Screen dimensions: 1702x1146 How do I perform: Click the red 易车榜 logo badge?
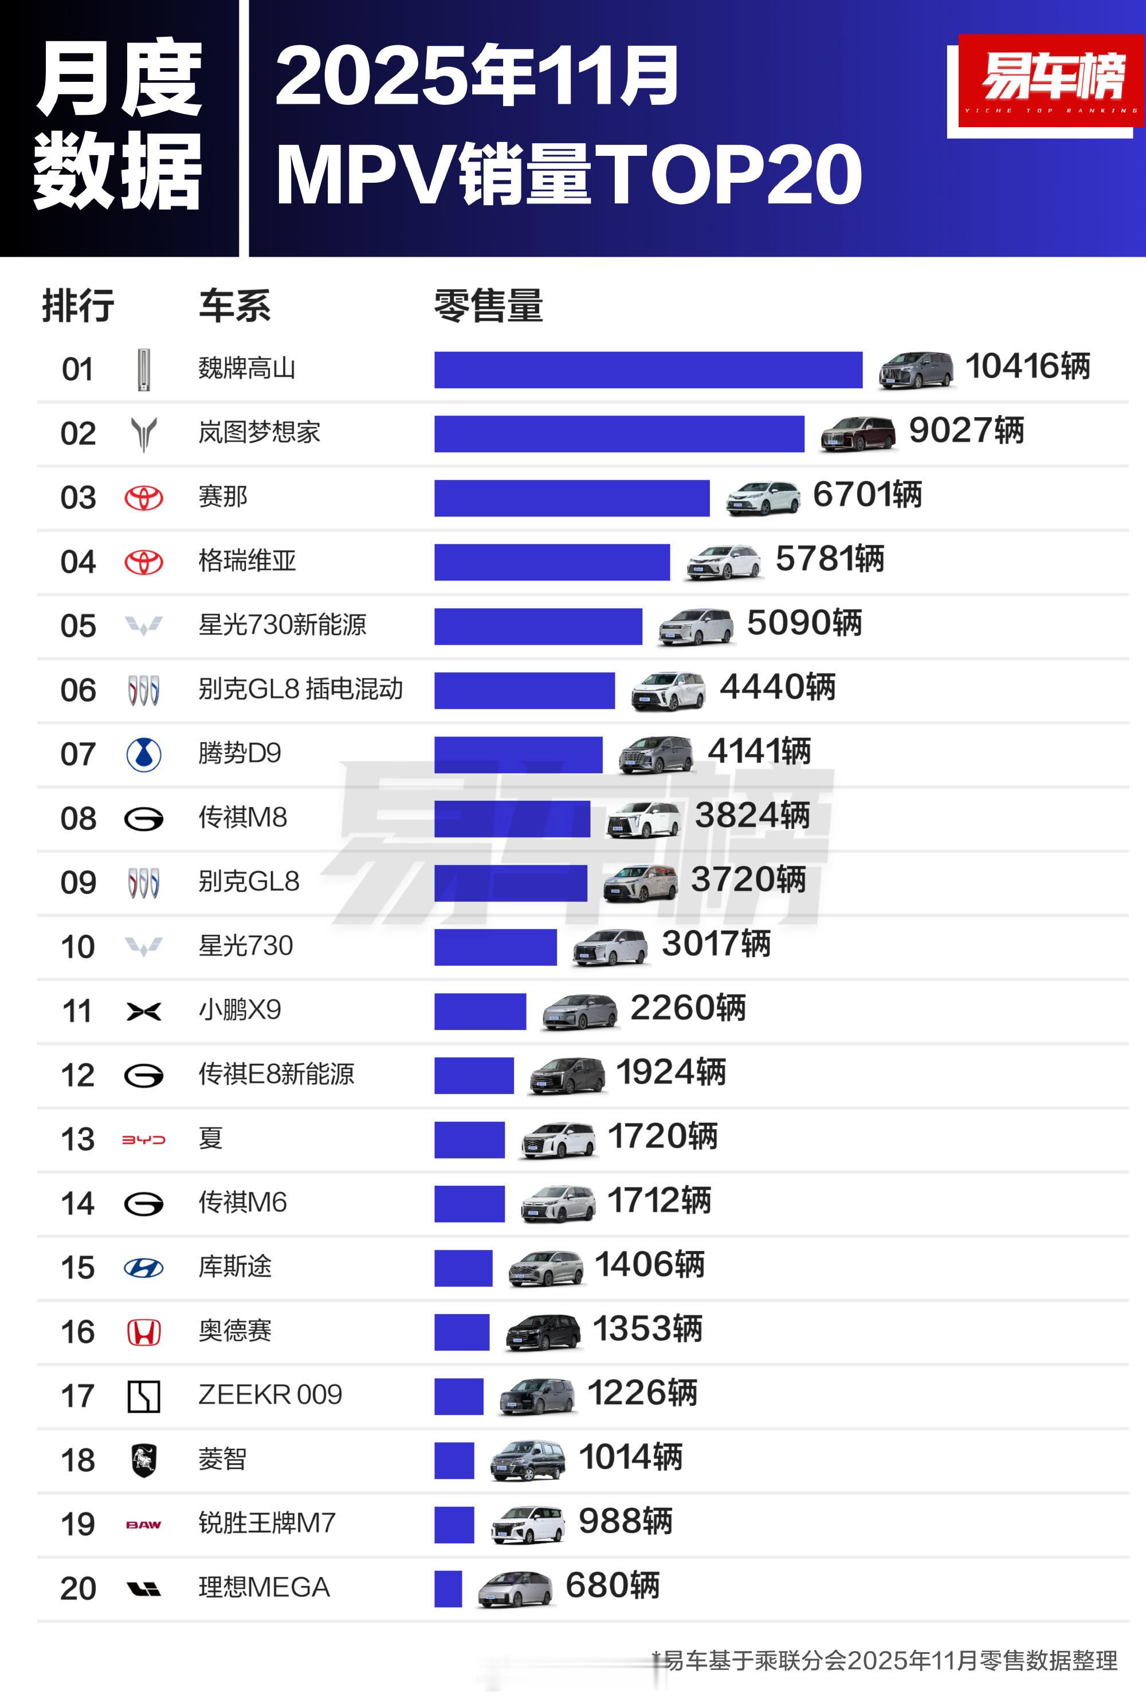point(1051,80)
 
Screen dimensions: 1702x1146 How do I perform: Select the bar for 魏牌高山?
point(647,370)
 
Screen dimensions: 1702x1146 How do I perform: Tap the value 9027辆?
point(966,431)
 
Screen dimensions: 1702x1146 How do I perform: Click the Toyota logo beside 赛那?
point(144,498)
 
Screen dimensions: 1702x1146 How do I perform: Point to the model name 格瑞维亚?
point(247,561)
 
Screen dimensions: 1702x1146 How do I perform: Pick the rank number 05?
point(78,627)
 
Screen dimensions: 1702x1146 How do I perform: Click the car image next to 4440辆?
point(669,691)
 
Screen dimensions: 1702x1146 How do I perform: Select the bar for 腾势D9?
point(518,754)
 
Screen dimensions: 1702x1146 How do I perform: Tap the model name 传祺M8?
point(242,817)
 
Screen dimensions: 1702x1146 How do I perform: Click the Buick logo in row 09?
point(144,883)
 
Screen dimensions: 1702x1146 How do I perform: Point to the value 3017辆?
point(716,944)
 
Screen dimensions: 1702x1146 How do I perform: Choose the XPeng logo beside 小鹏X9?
point(144,1012)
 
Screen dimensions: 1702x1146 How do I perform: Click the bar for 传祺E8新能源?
point(474,1075)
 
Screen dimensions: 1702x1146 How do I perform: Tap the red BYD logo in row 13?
point(144,1139)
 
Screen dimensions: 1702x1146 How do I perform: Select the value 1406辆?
point(649,1265)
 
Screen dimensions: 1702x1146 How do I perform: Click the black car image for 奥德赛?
point(544,1332)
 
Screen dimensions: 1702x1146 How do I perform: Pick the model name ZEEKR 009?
point(270,1395)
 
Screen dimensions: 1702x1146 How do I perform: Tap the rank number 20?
point(78,1589)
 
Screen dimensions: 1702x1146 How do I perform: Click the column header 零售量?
point(488,305)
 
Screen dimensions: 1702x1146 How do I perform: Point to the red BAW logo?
point(144,1524)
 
